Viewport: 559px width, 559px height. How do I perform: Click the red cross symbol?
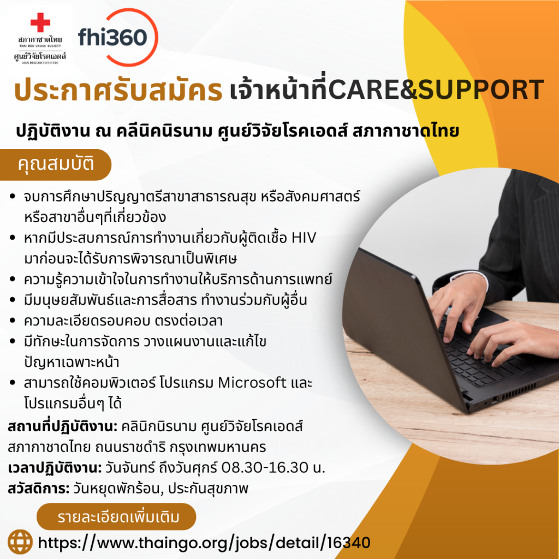(x=40, y=22)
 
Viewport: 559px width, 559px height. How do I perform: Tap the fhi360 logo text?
(x=112, y=37)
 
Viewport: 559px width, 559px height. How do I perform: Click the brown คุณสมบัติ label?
(x=56, y=164)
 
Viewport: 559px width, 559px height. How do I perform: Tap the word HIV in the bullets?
(x=304, y=238)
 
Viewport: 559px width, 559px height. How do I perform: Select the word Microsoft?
(x=252, y=383)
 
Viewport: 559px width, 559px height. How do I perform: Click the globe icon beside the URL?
(x=20, y=542)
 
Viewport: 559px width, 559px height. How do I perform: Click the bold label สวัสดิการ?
(x=39, y=489)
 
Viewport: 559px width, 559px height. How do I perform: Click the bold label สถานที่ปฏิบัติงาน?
(x=62, y=426)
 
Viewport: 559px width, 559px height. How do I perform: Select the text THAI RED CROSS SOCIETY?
(x=40, y=46)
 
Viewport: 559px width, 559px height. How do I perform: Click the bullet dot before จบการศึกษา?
(x=13, y=197)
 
